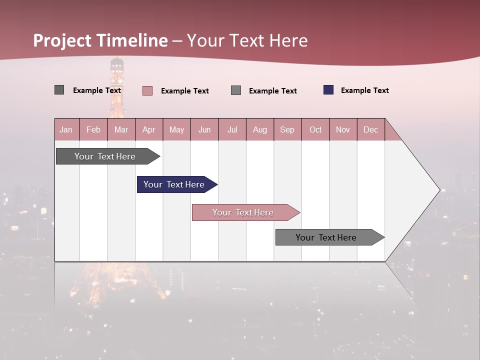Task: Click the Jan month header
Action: click(x=66, y=129)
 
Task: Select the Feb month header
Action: click(x=93, y=129)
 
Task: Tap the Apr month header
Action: click(x=148, y=129)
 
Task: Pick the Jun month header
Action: click(x=204, y=129)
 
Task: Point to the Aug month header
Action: click(x=259, y=129)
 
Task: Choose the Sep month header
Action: click(x=287, y=129)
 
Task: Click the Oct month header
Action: click(x=315, y=129)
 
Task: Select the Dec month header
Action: click(x=370, y=129)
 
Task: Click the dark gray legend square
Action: click(x=59, y=90)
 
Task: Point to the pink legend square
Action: click(x=147, y=90)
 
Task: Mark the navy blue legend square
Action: click(x=328, y=90)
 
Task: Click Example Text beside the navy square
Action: click(x=364, y=90)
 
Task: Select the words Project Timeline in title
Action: click(x=100, y=40)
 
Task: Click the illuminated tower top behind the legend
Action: click(x=117, y=67)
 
